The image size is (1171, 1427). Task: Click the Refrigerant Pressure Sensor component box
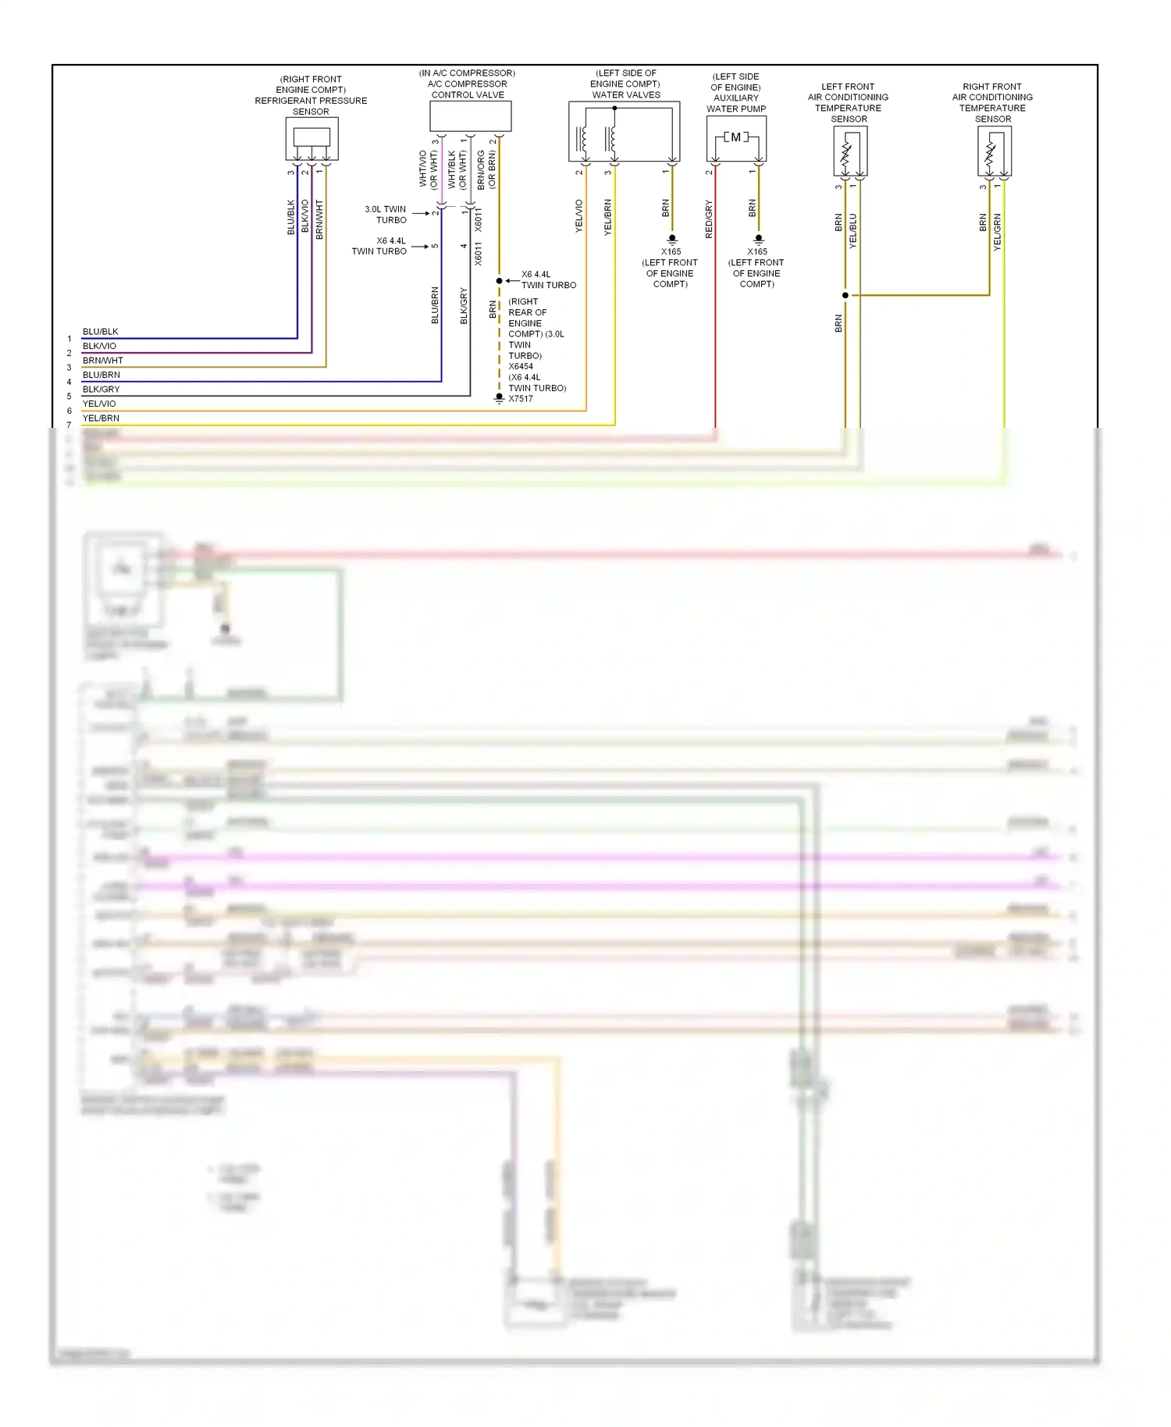(x=311, y=138)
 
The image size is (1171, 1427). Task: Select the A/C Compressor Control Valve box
(x=470, y=116)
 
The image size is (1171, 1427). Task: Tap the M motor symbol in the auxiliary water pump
(x=735, y=137)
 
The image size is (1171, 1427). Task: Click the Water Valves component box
(x=624, y=130)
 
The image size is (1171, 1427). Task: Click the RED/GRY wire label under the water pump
(x=709, y=219)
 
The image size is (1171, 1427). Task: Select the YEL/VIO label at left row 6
(x=99, y=404)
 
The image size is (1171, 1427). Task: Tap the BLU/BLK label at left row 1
(x=101, y=332)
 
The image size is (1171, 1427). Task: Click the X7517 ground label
(x=521, y=399)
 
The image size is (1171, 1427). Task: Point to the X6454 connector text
(x=521, y=366)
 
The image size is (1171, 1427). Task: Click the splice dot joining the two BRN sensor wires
(x=845, y=295)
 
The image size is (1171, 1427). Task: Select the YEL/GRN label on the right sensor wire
(x=997, y=232)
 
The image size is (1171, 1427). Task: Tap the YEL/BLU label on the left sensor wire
(x=852, y=231)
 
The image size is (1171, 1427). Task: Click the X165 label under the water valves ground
(x=671, y=251)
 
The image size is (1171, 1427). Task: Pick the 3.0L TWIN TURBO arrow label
(x=386, y=215)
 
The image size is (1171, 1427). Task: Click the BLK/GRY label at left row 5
(x=101, y=390)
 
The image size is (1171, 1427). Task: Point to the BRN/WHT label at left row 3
(x=103, y=361)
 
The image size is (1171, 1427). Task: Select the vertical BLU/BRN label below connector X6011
(x=435, y=305)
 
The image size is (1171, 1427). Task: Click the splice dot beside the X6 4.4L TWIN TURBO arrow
(x=500, y=280)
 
